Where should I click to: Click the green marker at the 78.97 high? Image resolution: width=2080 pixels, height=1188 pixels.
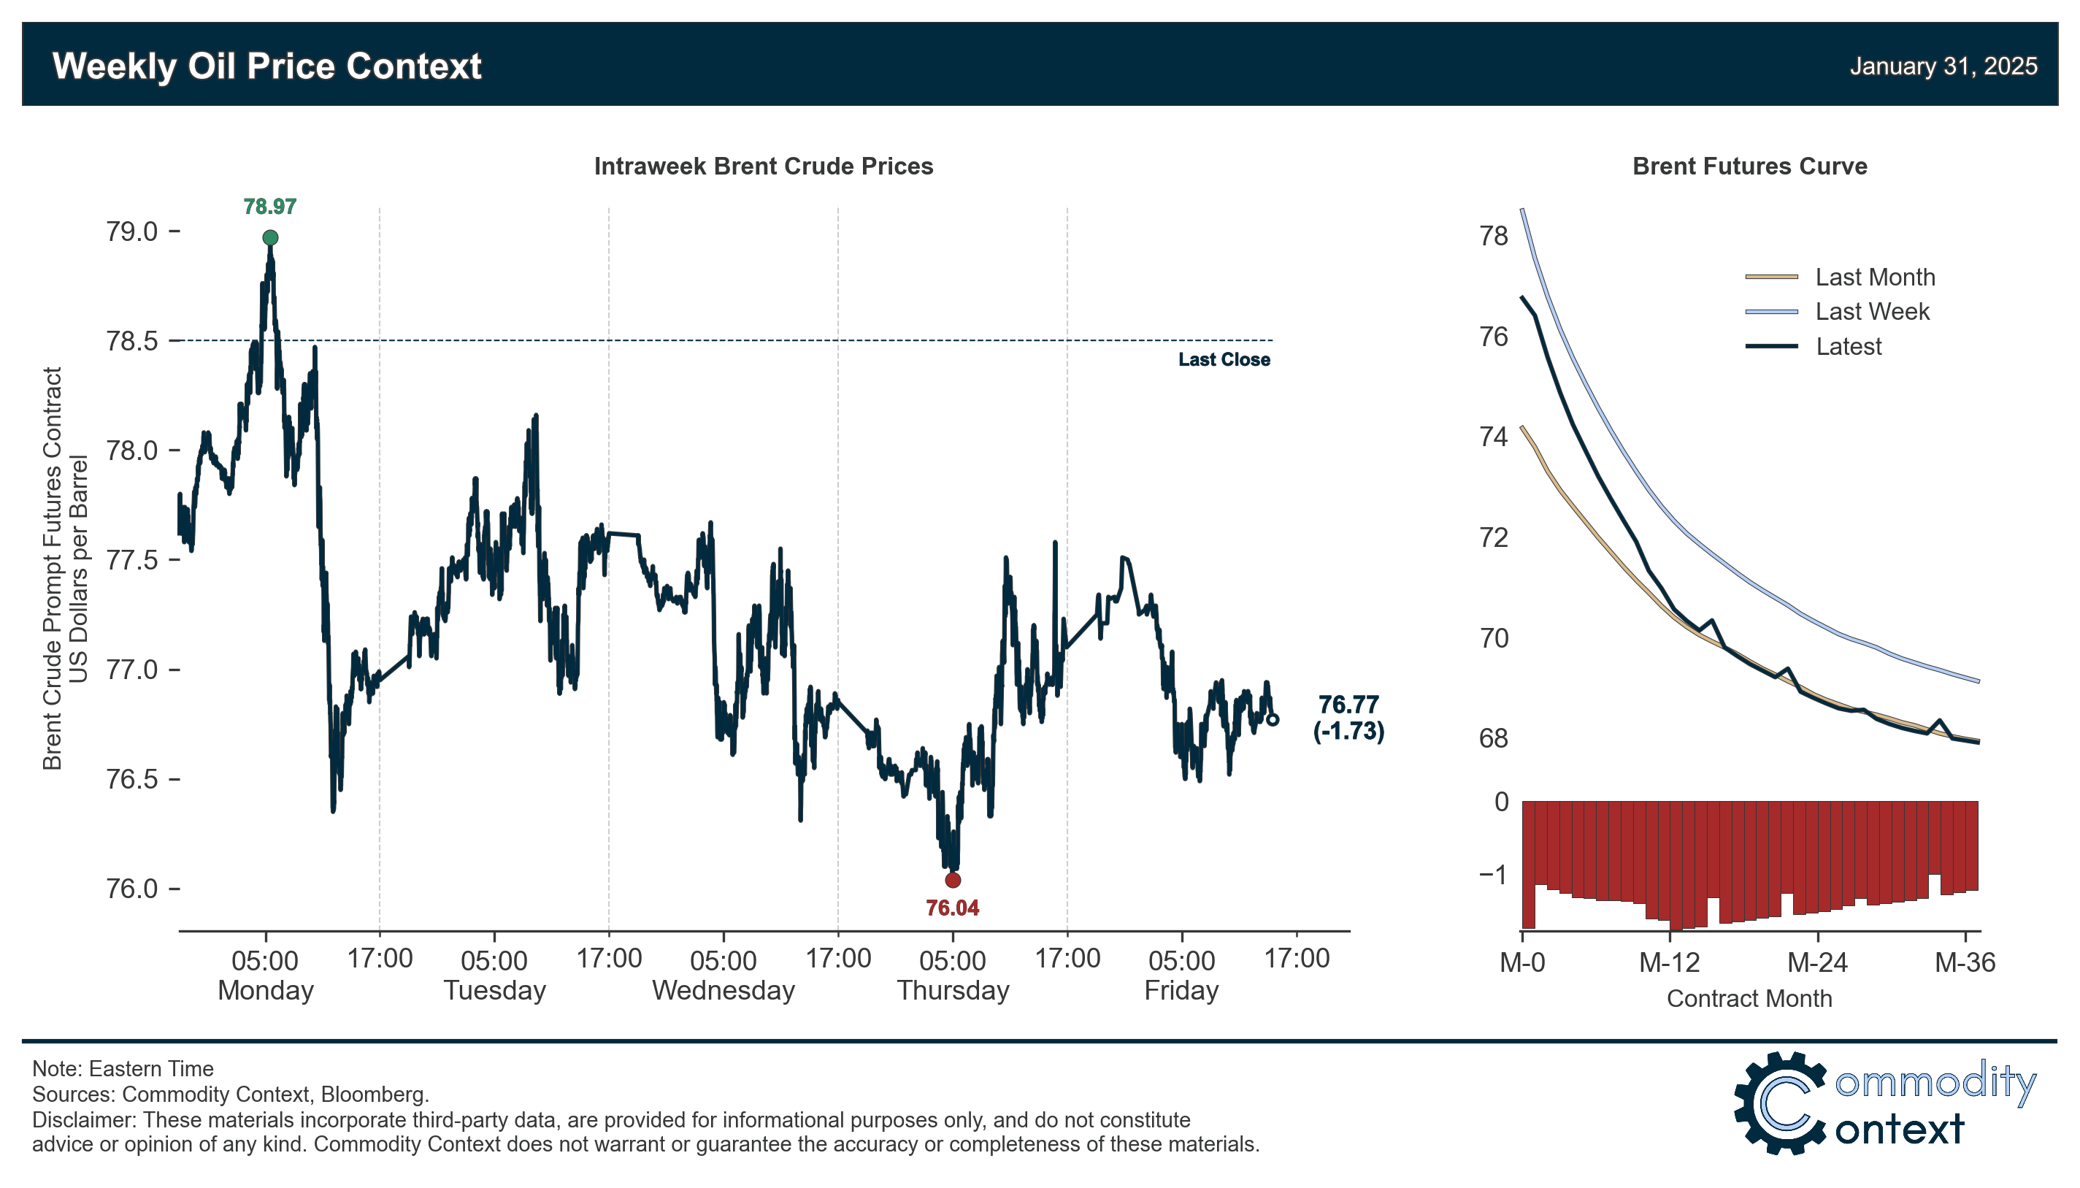270,237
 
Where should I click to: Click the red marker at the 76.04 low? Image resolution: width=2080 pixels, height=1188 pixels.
952,881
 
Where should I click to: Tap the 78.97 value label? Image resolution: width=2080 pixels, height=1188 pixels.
269,207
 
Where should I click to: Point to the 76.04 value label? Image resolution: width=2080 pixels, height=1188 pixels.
952,908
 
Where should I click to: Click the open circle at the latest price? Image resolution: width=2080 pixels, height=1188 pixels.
1272,720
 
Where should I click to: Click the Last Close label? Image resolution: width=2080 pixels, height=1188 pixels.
1224,360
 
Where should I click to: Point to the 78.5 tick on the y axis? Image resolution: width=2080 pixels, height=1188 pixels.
132,341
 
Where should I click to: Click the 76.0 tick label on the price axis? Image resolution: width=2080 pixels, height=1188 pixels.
132,889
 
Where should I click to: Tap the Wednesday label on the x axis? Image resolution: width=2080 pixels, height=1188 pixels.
723,991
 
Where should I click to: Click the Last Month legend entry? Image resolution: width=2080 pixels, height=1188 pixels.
1874,277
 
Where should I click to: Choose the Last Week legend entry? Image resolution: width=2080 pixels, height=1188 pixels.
1871,312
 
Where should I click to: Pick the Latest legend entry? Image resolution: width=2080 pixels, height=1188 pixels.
1848,347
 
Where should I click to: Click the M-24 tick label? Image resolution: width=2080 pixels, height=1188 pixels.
1816,964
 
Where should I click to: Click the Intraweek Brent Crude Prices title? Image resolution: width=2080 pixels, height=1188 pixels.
763,166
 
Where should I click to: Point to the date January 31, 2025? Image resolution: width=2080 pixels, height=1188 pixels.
1942,66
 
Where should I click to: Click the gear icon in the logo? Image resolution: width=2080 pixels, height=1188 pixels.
1779,1103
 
